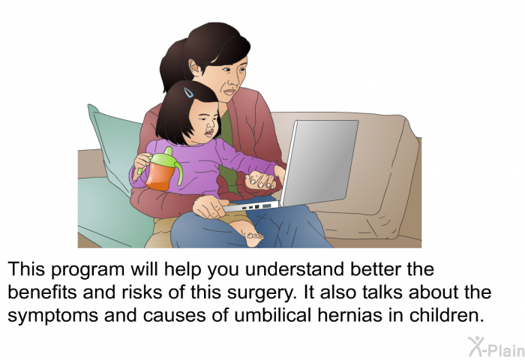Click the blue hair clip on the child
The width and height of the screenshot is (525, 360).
[188, 92]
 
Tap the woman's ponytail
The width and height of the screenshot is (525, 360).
[173, 64]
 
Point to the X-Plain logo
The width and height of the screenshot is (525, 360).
[496, 347]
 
